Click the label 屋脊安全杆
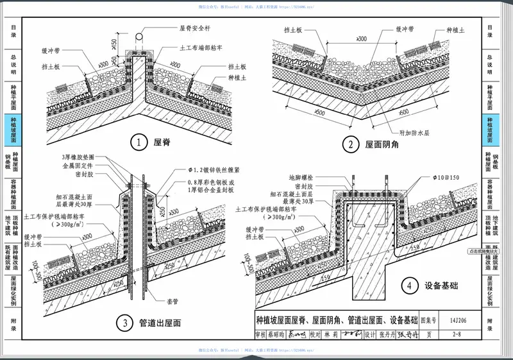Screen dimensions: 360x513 [x=196, y=28]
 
